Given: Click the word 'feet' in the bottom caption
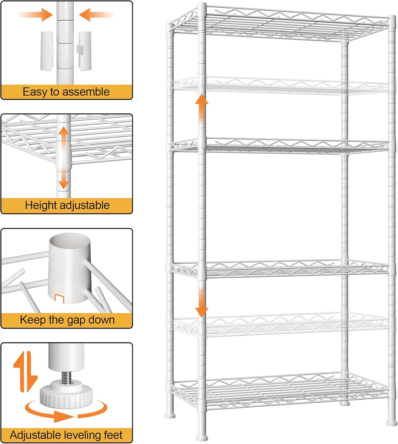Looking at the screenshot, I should pos(113,435).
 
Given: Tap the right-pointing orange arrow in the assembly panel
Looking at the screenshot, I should pos(36,14).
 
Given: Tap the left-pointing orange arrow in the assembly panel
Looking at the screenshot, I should pos(96,14).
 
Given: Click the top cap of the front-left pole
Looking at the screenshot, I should pos(202,5).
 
